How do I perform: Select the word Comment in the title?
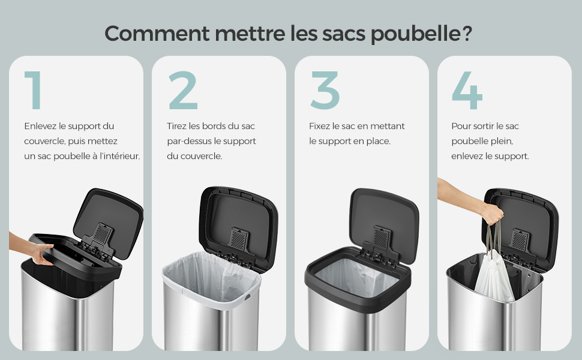(x=157, y=33)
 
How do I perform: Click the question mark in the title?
(x=467, y=32)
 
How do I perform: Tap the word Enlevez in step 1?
(x=40, y=126)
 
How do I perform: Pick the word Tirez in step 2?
(x=176, y=126)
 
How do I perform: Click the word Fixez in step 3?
(x=319, y=126)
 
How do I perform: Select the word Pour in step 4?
(x=461, y=126)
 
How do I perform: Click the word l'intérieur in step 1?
(x=120, y=156)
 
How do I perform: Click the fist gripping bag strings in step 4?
(x=493, y=215)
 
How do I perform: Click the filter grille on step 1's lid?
(x=101, y=233)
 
